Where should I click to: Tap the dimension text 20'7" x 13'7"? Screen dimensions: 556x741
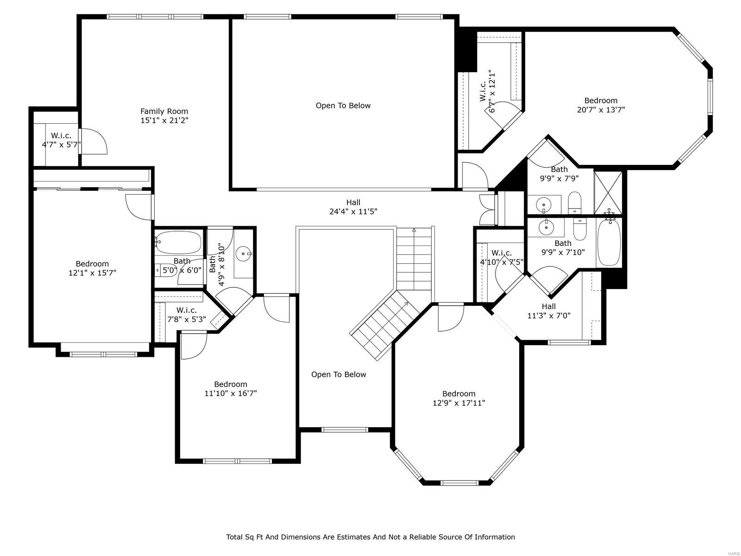tap(601, 110)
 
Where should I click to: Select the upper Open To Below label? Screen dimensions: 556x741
tap(343, 106)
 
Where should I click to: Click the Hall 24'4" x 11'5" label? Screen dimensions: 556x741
tap(353, 207)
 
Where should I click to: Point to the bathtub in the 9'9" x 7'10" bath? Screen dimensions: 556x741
tap(609, 243)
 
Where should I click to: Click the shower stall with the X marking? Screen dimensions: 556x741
tap(609, 193)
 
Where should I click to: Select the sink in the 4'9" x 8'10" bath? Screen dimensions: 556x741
tap(243, 253)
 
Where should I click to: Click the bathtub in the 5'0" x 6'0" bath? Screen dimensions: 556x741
tap(178, 242)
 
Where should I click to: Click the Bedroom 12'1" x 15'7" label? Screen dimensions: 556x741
tap(92, 268)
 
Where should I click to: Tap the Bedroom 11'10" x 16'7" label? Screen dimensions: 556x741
tap(231, 389)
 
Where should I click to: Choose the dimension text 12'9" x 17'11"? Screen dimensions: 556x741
tap(458, 403)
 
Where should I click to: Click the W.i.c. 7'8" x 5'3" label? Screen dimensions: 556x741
tap(186, 315)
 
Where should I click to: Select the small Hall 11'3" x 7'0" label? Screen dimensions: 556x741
tap(549, 311)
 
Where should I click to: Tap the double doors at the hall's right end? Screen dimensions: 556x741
tap(488, 209)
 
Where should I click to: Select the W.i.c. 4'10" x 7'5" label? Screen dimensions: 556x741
tap(502, 257)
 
